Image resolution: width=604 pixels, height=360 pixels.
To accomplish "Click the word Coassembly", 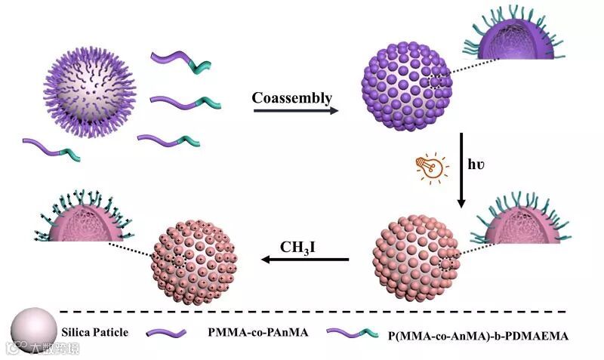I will coord(292,98).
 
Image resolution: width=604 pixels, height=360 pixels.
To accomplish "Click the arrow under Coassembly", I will coord(295,112).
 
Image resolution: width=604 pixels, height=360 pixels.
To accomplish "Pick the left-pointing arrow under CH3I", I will coord(306,261).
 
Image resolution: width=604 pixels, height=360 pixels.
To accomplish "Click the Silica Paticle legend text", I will coord(96,331).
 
